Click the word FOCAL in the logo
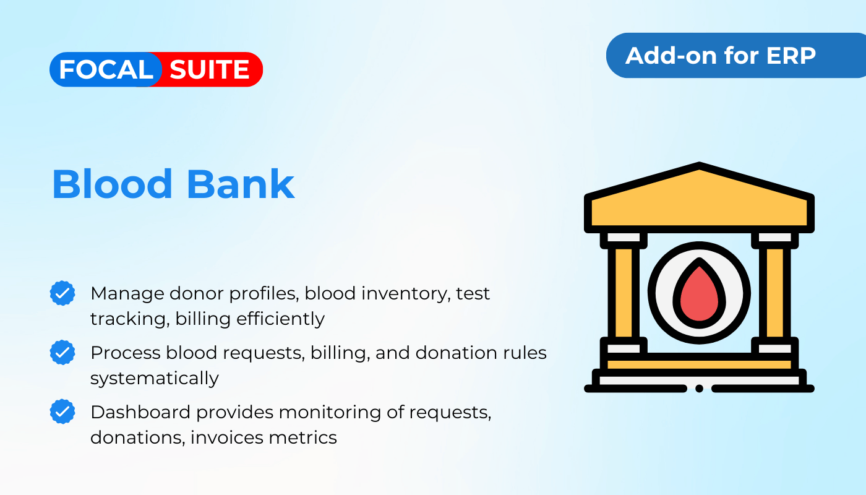106,69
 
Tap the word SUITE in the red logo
209,69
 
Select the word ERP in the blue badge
791,55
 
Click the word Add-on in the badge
672,55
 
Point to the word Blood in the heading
112,184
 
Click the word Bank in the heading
241,184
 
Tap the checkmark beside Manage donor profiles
62,293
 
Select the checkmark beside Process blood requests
62,352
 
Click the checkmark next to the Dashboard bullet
62,411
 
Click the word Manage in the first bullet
127,294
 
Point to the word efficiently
281,319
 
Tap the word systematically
155,378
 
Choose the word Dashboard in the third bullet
140,412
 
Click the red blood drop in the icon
699,293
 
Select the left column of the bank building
624,293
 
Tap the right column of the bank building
774,293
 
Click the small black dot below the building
699,389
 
